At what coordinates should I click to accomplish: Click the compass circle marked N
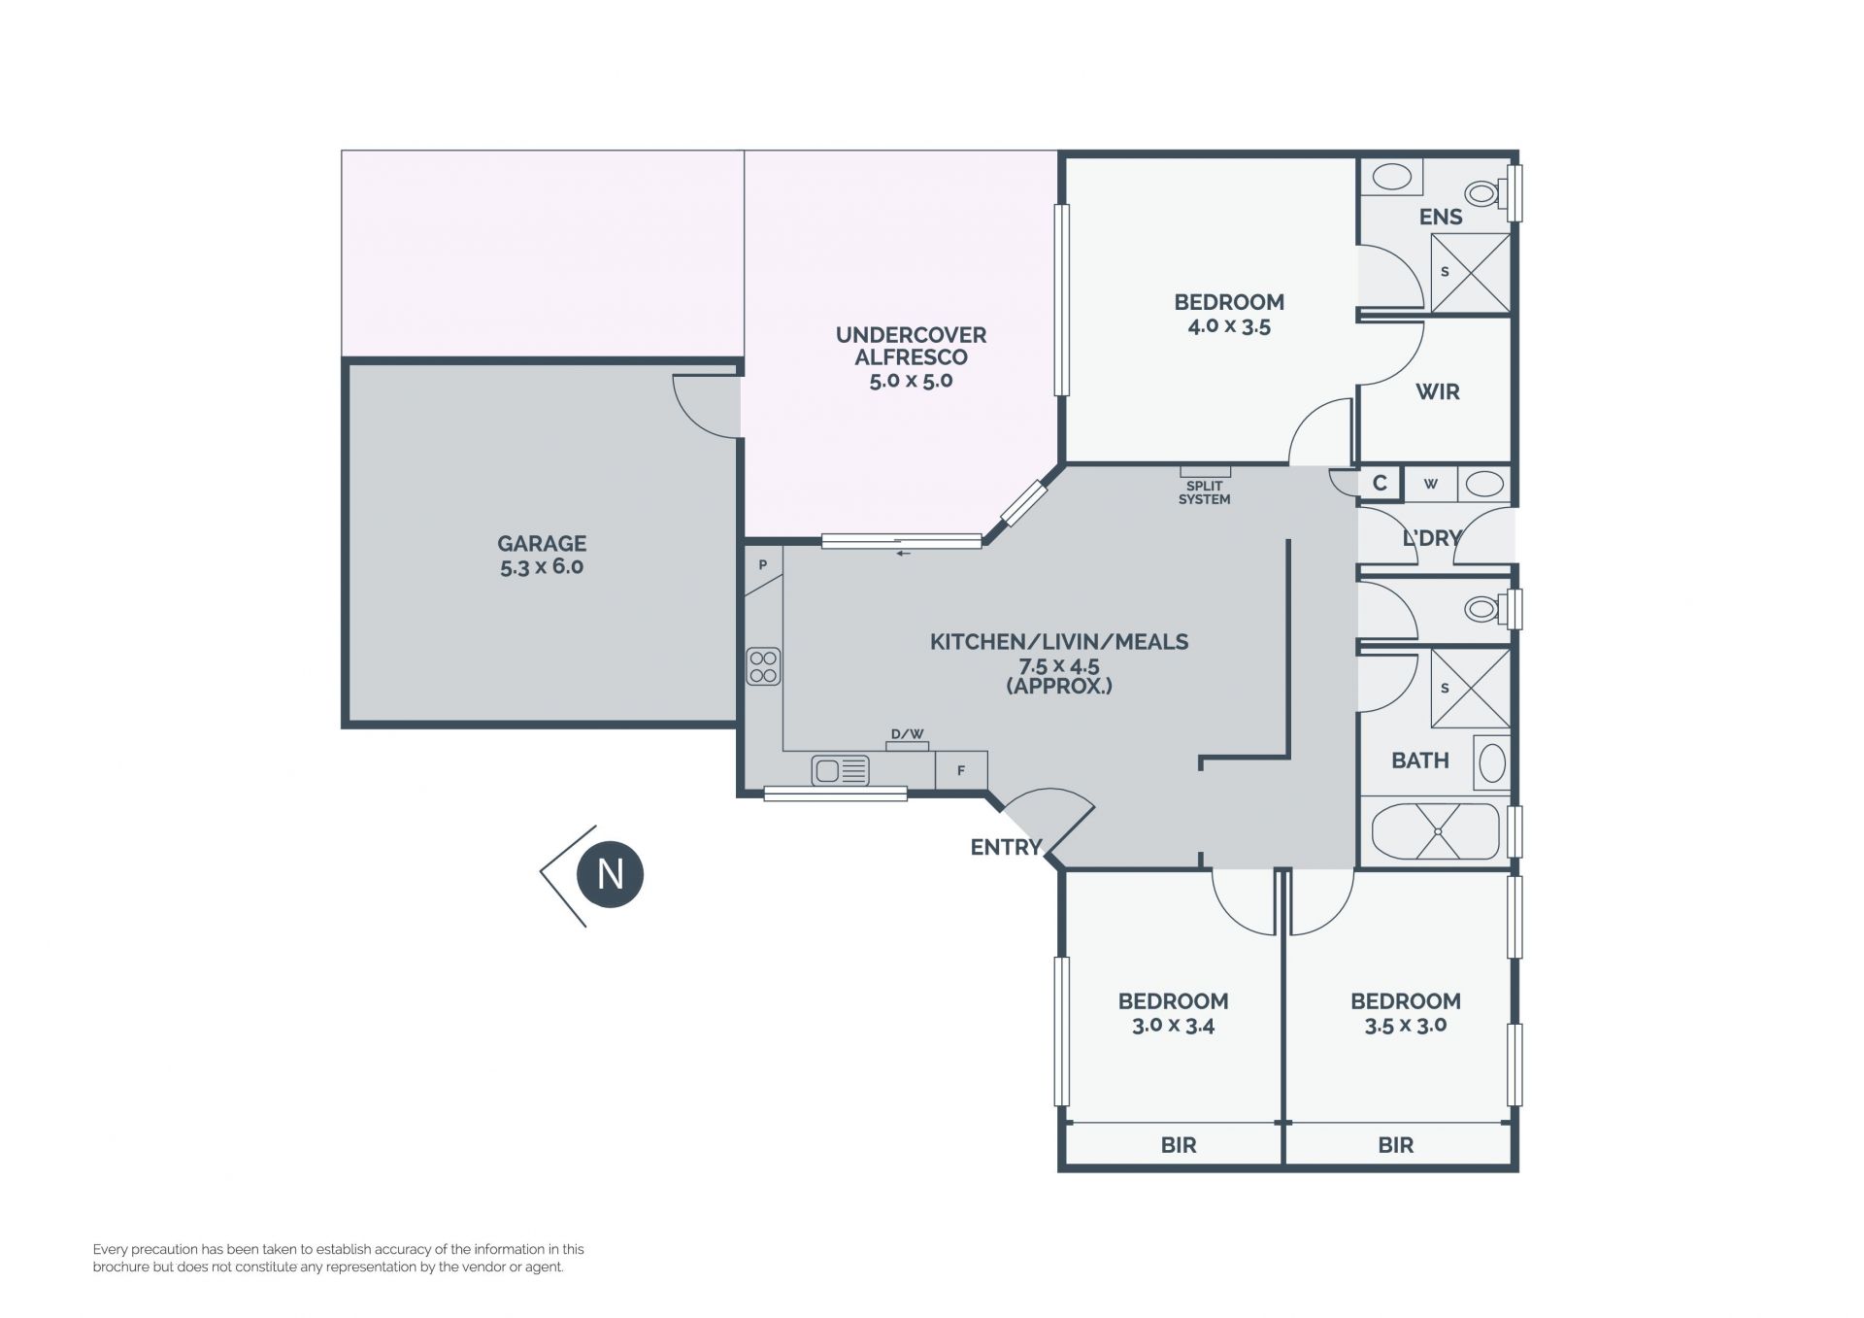pos(610,874)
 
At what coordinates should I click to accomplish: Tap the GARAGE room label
pos(542,544)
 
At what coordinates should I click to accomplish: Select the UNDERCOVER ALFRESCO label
pos(911,346)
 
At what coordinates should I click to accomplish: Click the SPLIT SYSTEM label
pos(1204,492)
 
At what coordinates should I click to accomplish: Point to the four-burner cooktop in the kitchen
pos(763,666)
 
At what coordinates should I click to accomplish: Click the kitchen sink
pos(840,771)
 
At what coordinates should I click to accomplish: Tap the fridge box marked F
pos(961,770)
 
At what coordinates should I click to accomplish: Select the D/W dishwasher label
pos(908,734)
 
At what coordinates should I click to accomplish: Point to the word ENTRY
pos(1006,847)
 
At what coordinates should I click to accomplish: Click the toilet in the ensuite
pos(1486,193)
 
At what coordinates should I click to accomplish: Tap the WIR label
pos(1438,391)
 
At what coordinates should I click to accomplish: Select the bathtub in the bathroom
pos(1436,831)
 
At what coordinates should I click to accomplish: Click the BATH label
pos(1420,760)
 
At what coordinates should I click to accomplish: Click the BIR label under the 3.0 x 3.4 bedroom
pos(1179,1145)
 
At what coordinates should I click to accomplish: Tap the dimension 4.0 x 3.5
pos(1229,326)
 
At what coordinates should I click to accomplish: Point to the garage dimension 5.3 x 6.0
pos(542,567)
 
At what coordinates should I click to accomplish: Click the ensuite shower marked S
pos(1471,273)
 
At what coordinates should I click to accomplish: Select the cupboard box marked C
pos(1380,483)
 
